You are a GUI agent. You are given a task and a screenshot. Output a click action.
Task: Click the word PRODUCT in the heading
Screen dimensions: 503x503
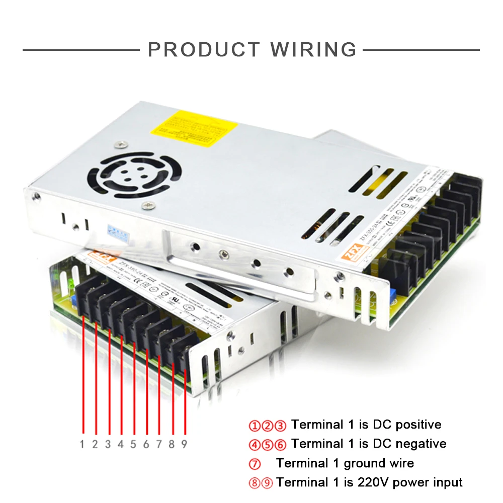coord(204,50)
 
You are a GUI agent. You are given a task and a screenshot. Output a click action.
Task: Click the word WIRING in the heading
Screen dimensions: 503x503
coord(313,50)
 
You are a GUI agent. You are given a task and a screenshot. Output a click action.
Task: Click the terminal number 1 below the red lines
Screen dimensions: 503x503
coord(82,444)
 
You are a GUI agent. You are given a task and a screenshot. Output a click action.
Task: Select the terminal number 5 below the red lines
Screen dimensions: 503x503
coord(133,444)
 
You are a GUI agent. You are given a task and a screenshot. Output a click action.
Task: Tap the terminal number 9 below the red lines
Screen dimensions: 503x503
coord(185,444)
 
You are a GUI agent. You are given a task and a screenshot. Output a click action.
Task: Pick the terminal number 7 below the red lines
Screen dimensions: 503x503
coord(159,444)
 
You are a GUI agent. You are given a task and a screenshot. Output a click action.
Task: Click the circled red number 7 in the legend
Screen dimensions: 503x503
coord(255,464)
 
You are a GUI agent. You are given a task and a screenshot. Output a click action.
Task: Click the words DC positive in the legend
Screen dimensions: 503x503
coord(407,425)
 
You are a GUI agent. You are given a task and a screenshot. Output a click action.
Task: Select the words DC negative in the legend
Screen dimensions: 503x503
coord(409,444)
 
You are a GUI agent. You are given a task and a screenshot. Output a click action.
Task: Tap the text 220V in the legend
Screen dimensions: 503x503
coord(373,482)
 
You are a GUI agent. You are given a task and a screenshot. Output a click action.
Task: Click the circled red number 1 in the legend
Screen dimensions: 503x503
coord(255,426)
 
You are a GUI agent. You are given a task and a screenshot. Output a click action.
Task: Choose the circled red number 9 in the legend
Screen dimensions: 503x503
coord(267,483)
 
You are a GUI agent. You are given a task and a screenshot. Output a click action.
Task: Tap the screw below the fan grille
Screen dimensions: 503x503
coord(148,204)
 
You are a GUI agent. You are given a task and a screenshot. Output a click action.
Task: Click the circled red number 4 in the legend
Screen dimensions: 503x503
coord(255,445)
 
